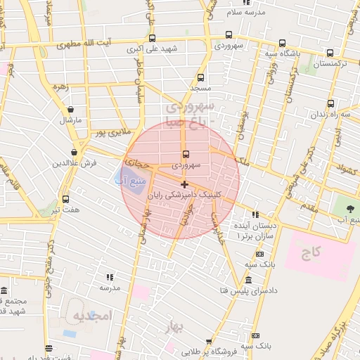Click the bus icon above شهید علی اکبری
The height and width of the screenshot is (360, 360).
[x=153, y=39]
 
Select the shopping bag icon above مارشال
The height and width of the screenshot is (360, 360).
[x=70, y=109]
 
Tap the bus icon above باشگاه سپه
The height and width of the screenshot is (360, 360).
[x=282, y=43]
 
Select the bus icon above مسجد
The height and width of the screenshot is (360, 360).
[x=201, y=78]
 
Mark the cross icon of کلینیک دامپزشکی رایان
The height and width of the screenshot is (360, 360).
[x=185, y=184]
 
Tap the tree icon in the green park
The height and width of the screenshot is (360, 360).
[x=349, y=209]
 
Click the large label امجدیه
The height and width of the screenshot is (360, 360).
[x=91, y=316]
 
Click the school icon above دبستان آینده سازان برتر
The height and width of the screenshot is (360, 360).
[x=255, y=214]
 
